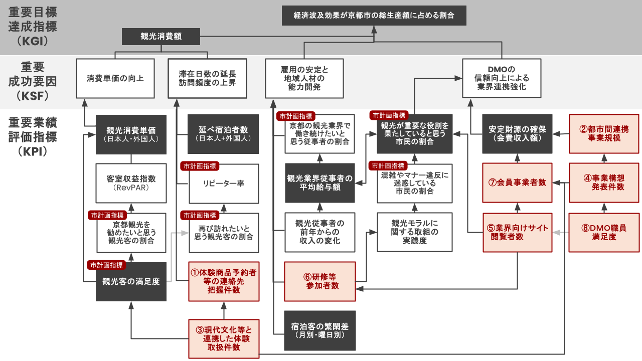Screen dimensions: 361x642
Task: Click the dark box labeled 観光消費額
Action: pos(161,37)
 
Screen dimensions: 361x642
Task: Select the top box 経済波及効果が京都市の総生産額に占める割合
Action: pos(374,16)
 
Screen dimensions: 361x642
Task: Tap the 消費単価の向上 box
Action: pos(115,78)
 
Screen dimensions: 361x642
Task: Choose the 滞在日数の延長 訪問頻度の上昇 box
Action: pos(207,78)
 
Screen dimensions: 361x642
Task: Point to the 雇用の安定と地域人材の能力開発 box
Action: pos(304,78)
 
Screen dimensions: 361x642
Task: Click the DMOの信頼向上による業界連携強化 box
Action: pos(502,78)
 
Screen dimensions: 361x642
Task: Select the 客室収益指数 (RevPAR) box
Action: pos(131,183)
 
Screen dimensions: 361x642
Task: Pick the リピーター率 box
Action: pos(224,184)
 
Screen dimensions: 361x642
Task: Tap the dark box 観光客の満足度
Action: pos(131,282)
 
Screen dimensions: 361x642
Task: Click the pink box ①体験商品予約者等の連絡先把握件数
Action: pos(224,281)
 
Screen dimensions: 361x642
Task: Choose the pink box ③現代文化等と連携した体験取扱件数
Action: pos(224,338)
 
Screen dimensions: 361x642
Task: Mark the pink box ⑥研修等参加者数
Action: pos(320,281)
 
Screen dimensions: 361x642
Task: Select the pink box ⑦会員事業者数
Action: pos(517,183)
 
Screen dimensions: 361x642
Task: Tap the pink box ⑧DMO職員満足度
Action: pos(604,233)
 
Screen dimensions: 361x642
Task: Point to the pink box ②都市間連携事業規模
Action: pos(604,133)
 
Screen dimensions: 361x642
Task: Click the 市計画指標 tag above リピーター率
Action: pos(200,165)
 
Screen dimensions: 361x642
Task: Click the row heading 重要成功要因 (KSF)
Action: pos(33,81)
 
